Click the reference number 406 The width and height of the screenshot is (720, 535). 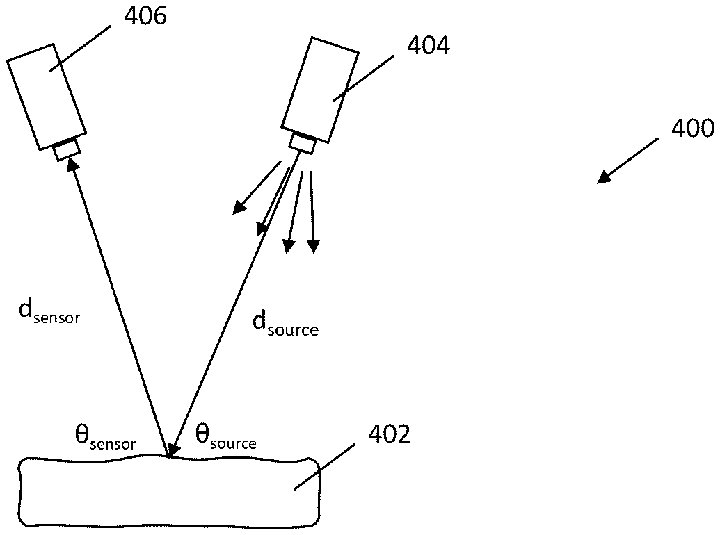point(145,17)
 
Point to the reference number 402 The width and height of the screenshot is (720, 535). point(388,436)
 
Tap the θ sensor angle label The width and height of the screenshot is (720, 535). point(104,438)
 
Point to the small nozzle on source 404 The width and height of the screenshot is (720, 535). point(302,144)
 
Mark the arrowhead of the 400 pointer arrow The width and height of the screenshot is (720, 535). point(604,178)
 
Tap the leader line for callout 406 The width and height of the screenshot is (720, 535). point(79,48)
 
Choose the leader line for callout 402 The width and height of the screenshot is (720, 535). point(328,468)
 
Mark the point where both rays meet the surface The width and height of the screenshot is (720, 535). point(169,456)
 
